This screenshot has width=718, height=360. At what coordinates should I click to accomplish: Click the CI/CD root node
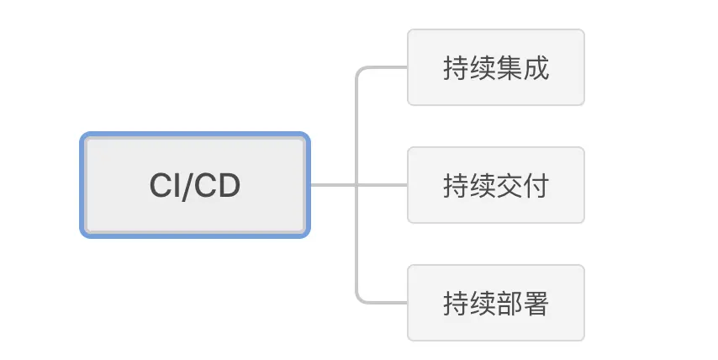click(x=195, y=185)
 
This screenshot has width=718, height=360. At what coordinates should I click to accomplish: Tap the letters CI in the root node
click(x=165, y=186)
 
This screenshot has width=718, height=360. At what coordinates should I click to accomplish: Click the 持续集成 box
click(x=495, y=67)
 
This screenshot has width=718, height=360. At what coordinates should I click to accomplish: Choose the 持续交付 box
click(x=495, y=185)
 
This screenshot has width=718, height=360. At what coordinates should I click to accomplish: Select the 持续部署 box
click(x=495, y=303)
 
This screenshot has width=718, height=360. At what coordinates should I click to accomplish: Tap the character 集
click(x=509, y=67)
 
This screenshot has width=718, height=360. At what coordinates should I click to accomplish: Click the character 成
click(x=536, y=67)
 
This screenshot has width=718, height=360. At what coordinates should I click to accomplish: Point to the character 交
click(x=509, y=185)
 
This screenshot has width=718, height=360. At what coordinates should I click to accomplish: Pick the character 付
click(x=536, y=185)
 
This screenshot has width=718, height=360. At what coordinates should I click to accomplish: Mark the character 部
click(x=509, y=303)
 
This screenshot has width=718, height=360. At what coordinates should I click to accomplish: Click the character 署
click(x=536, y=303)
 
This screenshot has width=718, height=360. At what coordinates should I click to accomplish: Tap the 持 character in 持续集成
click(x=456, y=67)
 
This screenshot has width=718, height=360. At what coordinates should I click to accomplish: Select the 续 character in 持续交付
click(x=482, y=185)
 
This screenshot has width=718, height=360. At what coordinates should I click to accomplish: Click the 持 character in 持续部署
click(x=456, y=303)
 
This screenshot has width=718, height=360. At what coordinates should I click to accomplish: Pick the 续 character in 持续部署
click(x=482, y=303)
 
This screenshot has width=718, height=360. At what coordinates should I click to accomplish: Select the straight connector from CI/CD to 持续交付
click(x=336, y=185)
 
